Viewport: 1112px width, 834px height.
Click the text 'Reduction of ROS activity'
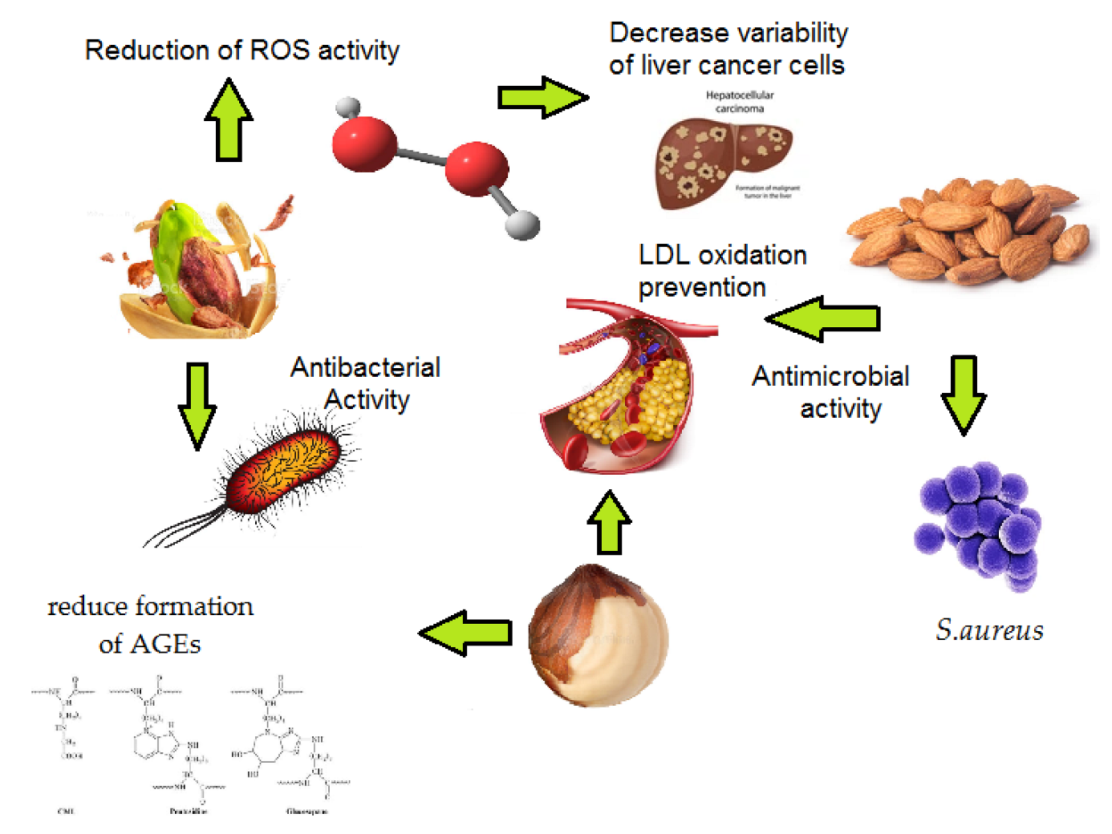coord(241,51)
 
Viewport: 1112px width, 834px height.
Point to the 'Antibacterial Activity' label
coord(366,383)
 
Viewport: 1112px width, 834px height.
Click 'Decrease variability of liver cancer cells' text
coord(728,49)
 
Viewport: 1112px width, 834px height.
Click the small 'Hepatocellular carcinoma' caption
coord(740,102)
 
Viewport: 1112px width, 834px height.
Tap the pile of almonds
coord(971,229)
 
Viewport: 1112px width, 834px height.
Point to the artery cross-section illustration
coord(626,385)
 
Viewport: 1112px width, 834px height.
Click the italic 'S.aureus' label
coord(989,630)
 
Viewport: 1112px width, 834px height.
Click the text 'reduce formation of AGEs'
coord(150,625)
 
